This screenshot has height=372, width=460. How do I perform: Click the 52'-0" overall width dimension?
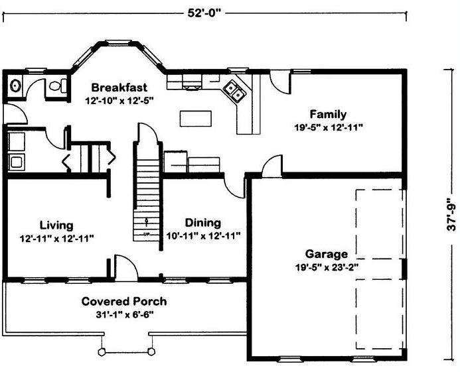click(x=204, y=13)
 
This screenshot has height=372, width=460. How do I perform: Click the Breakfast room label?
click(x=119, y=88)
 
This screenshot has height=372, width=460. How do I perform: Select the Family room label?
click(x=328, y=114)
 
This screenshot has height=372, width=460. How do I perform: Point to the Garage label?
click(x=327, y=254)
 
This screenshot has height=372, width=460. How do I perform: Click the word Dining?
click(x=202, y=223)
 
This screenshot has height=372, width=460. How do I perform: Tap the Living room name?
click(x=56, y=225)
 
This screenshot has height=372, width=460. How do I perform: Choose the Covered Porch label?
click(x=124, y=301)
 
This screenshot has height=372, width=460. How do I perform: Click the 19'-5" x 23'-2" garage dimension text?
click(x=327, y=267)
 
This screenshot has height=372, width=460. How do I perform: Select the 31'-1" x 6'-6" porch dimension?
click(x=125, y=315)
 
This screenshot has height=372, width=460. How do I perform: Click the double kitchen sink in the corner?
click(x=235, y=91)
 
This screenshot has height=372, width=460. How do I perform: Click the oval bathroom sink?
click(x=15, y=86)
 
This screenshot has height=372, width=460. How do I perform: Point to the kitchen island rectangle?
click(x=195, y=119)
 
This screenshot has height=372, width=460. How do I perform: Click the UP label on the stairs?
click(x=147, y=234)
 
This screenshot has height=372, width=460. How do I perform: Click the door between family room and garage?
click(x=272, y=166)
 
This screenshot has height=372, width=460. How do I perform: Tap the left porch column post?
click(x=102, y=351)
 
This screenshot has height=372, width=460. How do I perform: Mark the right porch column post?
click(x=151, y=351)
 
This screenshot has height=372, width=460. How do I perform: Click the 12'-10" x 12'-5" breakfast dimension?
click(x=119, y=101)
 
